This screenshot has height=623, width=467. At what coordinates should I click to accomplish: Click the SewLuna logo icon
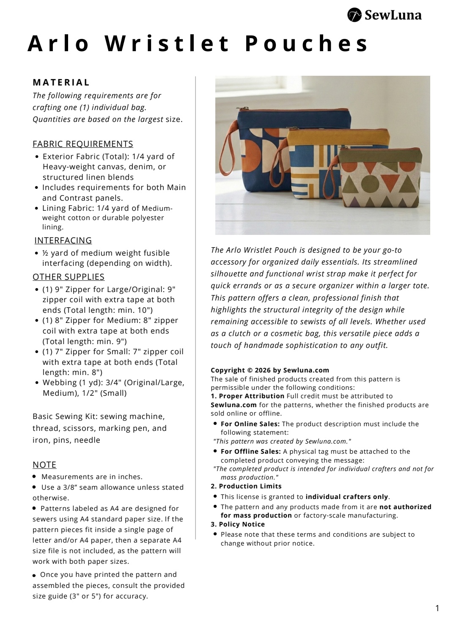coord(354,15)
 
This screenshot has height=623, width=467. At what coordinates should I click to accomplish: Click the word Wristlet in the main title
coord(167,44)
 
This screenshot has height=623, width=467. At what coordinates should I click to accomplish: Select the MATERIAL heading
coord(61,83)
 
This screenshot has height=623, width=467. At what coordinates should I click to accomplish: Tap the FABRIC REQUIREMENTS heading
coord(83,144)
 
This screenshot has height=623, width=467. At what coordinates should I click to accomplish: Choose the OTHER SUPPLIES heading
coord(69,277)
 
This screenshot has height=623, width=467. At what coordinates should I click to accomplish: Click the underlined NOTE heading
coord(44,465)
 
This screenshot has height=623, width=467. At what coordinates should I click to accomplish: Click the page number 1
coord(437,609)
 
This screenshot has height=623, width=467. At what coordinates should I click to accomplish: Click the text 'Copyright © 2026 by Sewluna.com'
coord(270,370)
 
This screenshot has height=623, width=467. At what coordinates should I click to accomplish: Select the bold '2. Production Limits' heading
coord(246,486)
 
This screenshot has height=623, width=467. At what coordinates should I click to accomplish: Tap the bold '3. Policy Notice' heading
coord(238,524)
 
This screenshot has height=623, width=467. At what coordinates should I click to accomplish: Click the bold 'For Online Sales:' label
coord(250,424)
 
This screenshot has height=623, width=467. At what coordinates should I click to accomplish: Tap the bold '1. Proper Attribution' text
coord(247,396)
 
